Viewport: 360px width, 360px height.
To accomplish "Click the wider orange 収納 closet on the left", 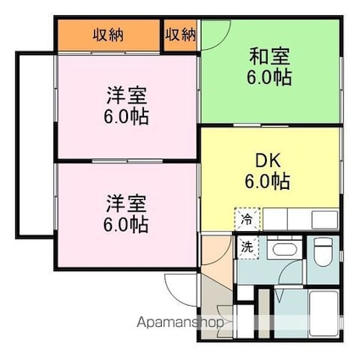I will (108, 35).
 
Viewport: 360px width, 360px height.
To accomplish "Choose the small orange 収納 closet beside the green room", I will (180, 35).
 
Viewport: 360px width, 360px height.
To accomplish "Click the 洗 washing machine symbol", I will (246, 247).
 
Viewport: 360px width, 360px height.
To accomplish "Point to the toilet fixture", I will (323, 251).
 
